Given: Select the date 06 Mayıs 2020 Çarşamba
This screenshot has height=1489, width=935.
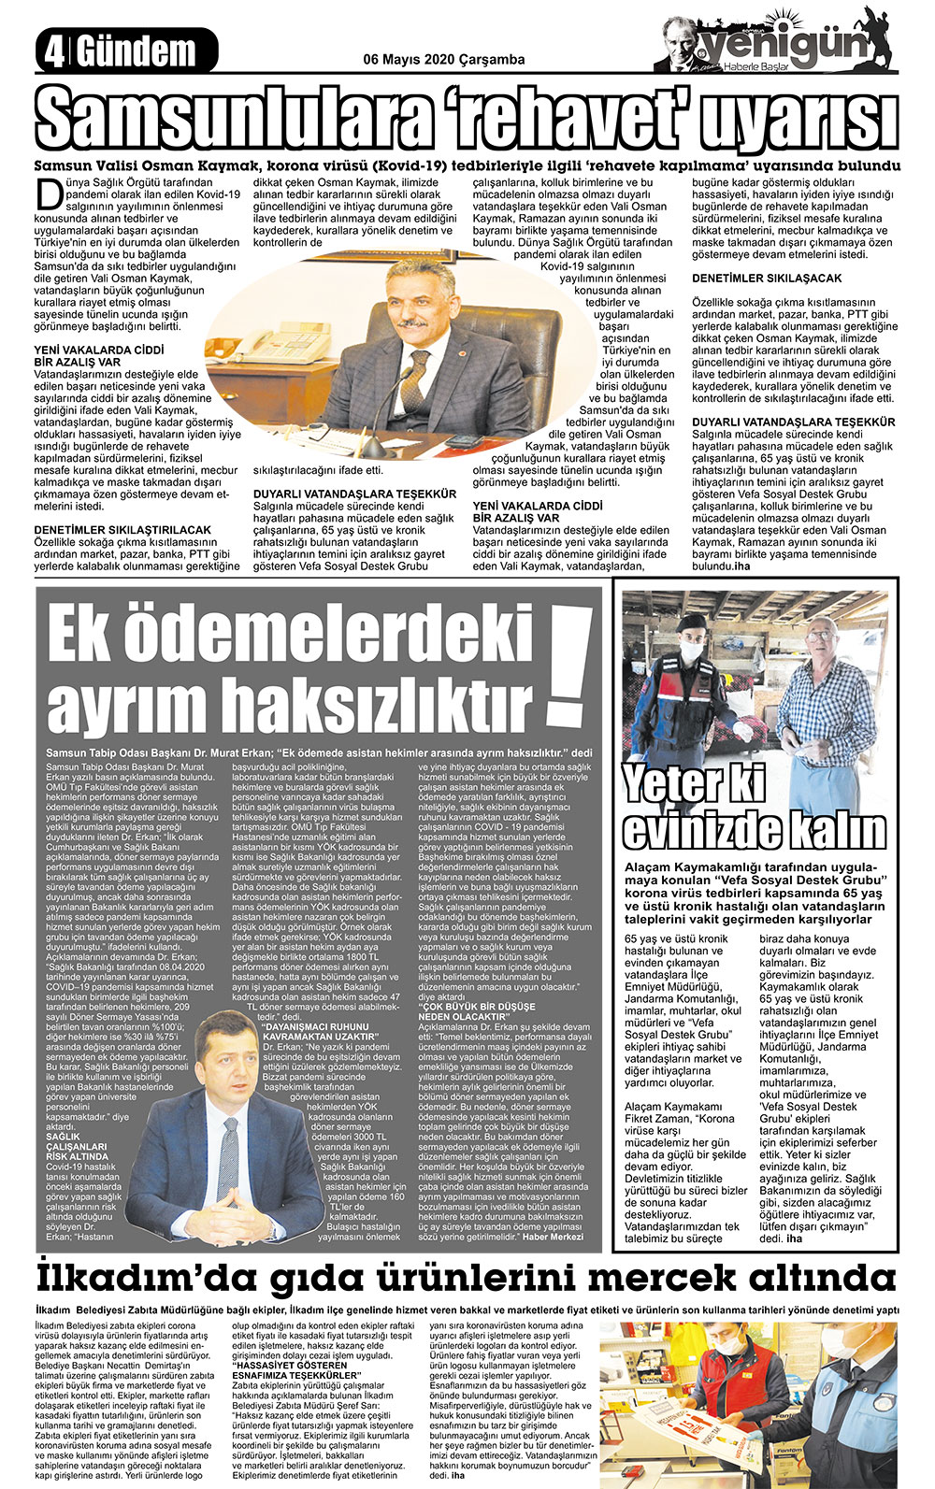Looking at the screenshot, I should pyautogui.click(x=443, y=60).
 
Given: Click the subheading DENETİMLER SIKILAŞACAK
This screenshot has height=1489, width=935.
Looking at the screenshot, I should pyautogui.click(x=766, y=279).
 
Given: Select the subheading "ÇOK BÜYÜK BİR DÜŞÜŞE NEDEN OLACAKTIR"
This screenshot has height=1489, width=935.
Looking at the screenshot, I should pyautogui.click(x=467, y=1010).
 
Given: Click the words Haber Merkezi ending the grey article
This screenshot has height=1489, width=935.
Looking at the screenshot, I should pyautogui.click(x=553, y=1236).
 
